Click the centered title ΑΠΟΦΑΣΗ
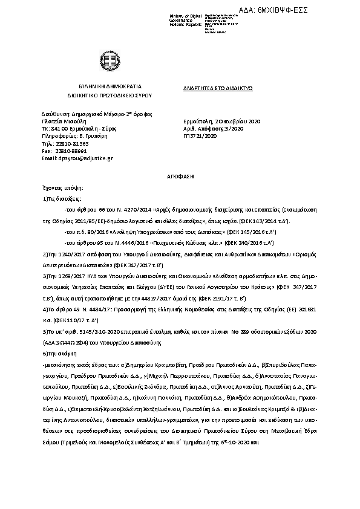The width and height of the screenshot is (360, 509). tap(180, 176)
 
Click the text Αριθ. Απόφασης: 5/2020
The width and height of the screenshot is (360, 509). tap(213, 129)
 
